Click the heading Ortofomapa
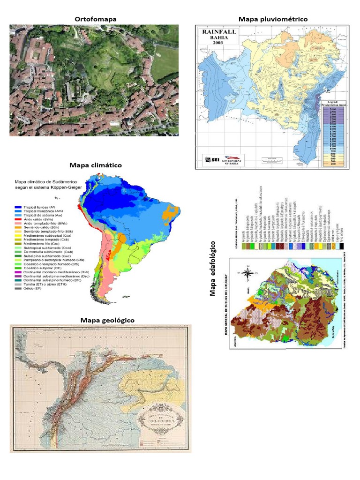[96, 19]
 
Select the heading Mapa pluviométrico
[273, 19]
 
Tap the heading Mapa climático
[96, 165]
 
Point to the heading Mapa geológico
[107, 320]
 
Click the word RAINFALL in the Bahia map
[219, 32]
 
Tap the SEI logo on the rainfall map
[212, 160]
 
